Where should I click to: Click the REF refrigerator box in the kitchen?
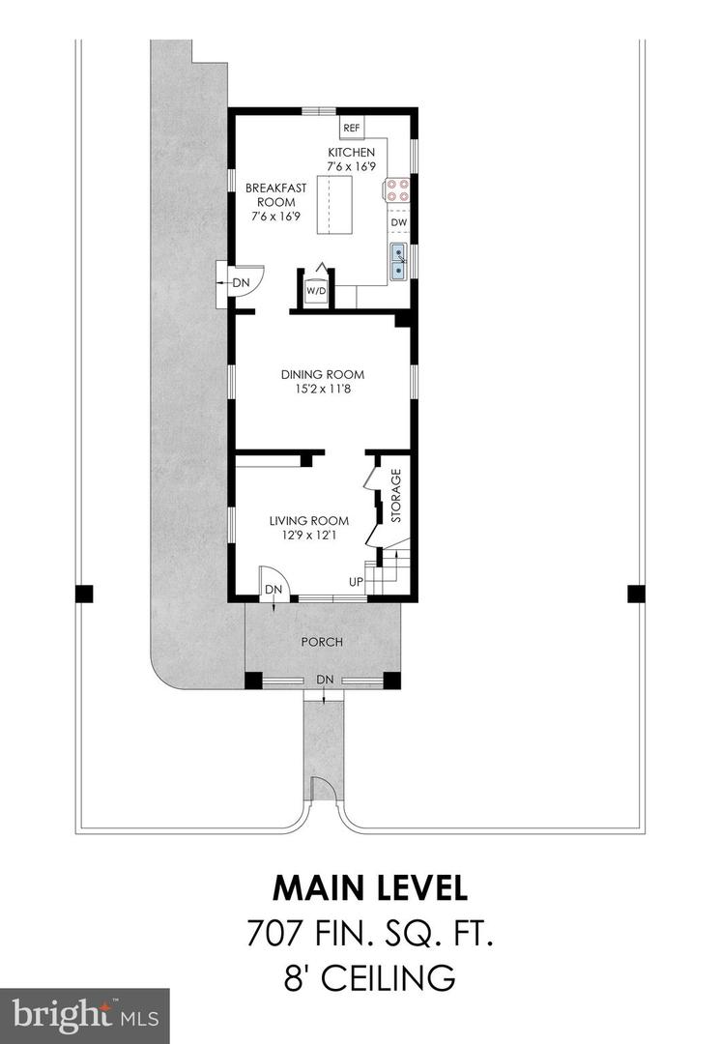[x=351, y=129]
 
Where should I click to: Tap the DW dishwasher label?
[x=398, y=223]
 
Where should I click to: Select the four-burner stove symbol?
[x=397, y=189]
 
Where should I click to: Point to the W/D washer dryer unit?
[x=316, y=290]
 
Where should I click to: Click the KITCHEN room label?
[x=351, y=153]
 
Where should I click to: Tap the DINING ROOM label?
[x=323, y=375]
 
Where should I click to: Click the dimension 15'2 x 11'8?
[x=323, y=390]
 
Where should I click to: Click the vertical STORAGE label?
[x=395, y=496]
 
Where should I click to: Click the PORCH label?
[x=322, y=642]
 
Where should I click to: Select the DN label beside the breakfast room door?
[x=241, y=283]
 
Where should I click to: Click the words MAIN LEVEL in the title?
[x=370, y=888]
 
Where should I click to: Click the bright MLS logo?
[x=84, y=1015]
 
